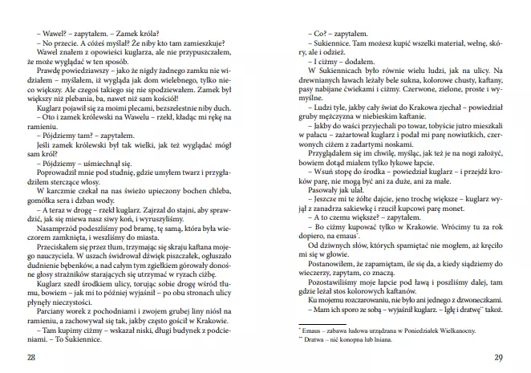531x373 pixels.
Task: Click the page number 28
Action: (x=30, y=357)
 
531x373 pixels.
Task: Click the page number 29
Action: (x=498, y=357)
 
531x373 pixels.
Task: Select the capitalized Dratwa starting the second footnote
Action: (x=315, y=340)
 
